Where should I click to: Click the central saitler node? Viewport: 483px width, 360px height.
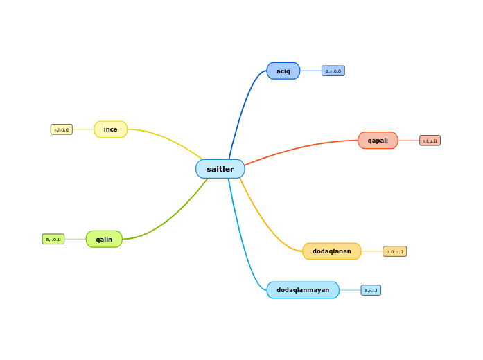pyautogui.click(x=220, y=169)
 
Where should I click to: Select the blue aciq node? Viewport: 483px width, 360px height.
pyautogui.click(x=283, y=71)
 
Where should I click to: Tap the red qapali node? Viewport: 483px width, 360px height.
pyautogui.click(x=378, y=141)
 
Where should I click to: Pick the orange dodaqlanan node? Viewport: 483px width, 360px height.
pyautogui.click(x=332, y=251)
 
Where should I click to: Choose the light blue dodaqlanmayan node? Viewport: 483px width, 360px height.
pyautogui.click(x=303, y=290)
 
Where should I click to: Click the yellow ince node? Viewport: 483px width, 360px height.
pyautogui.click(x=111, y=129)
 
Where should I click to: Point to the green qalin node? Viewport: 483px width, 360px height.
pyautogui.click(x=104, y=239)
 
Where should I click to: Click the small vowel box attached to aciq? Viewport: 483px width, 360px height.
pyautogui.click(x=333, y=71)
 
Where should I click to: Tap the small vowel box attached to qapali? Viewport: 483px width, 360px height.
pyautogui.click(x=430, y=141)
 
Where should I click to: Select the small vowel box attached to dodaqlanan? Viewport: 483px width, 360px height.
pyautogui.click(x=395, y=251)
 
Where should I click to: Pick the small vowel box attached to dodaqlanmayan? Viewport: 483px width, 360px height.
pyautogui.click(x=371, y=290)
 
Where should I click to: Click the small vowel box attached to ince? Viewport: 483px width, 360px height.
pyautogui.click(x=62, y=129)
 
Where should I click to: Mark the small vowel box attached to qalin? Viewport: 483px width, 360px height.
pyautogui.click(x=53, y=239)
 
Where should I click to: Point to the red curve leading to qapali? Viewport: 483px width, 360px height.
pyautogui.click(x=298, y=147)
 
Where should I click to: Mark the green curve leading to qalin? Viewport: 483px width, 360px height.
pyautogui.click(x=173, y=218)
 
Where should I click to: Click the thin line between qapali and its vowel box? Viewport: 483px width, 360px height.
pyautogui.click(x=409, y=141)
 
